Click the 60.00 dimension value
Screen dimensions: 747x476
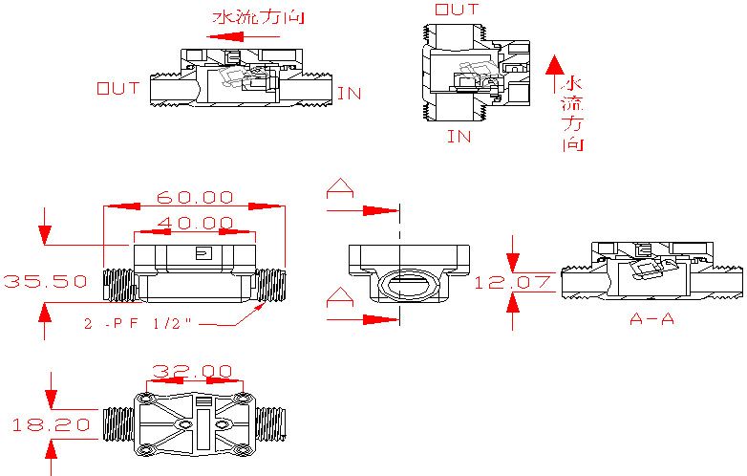click(195, 197)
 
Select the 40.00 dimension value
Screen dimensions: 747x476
click(195, 223)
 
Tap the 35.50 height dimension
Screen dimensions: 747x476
click(45, 281)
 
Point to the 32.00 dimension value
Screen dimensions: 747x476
click(192, 371)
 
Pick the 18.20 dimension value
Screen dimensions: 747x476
click(51, 424)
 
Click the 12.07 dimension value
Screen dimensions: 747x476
click(512, 283)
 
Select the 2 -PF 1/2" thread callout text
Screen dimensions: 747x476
click(138, 323)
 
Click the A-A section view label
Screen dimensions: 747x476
click(651, 318)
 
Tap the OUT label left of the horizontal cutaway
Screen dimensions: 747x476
click(118, 88)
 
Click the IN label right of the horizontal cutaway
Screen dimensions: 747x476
click(350, 94)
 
